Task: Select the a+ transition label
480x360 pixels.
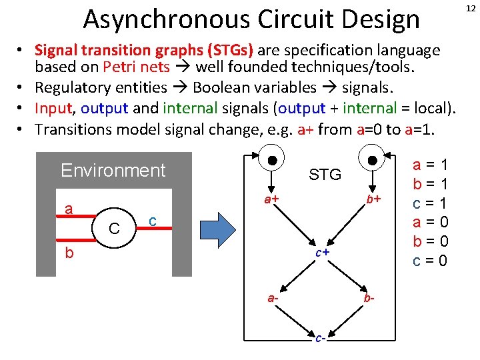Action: pos(270,200)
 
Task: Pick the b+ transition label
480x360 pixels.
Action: pos(372,200)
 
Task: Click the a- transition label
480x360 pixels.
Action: pos(273,299)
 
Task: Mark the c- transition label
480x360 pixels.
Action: pos(321,339)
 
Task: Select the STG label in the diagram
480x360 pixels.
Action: pos(325,175)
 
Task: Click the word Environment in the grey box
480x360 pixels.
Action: pos(113,171)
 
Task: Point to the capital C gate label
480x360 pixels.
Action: pos(115,229)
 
